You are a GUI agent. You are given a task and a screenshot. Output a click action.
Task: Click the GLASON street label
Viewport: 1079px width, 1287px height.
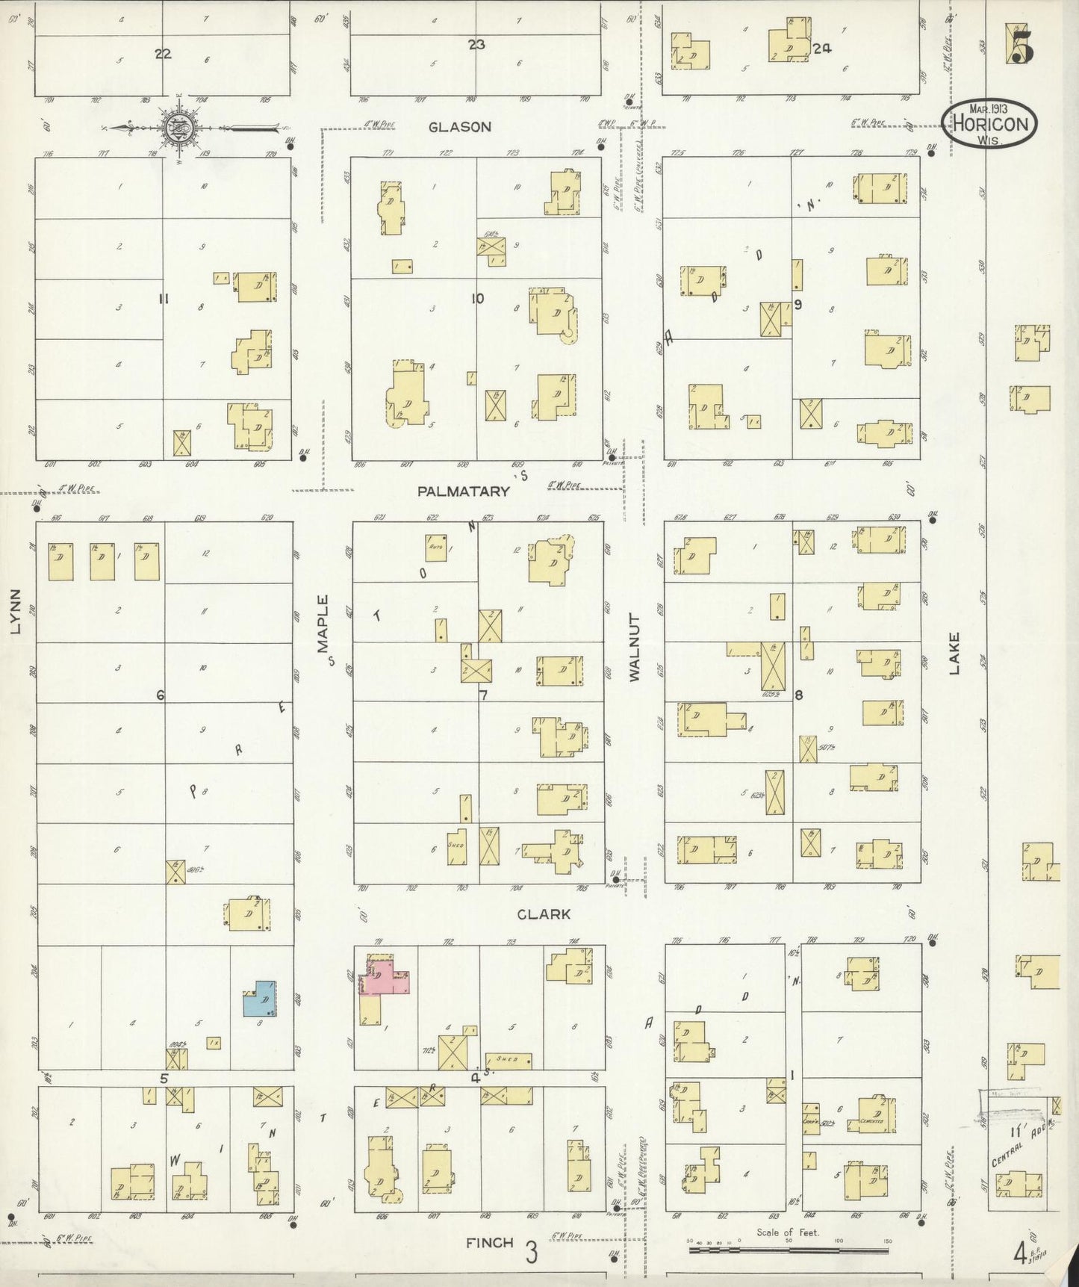[x=459, y=127]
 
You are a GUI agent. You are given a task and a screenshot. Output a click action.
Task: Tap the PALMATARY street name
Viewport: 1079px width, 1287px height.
[x=463, y=491]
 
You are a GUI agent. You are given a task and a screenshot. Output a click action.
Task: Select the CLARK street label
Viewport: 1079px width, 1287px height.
[x=544, y=914]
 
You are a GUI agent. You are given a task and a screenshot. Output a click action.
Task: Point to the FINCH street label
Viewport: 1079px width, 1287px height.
[x=490, y=1243]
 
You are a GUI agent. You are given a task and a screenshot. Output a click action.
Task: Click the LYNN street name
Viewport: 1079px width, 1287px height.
[x=16, y=611]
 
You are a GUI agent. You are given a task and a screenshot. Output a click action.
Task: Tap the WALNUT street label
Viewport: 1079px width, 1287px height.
[x=635, y=647]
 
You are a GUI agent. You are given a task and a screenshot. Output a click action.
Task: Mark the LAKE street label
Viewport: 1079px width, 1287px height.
[x=954, y=654]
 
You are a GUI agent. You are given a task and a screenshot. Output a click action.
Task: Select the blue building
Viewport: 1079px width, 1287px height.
[x=260, y=999]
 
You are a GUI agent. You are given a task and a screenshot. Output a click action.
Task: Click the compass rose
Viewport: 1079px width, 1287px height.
[x=179, y=127]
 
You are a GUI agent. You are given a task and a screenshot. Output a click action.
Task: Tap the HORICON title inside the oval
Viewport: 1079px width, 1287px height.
[x=989, y=125]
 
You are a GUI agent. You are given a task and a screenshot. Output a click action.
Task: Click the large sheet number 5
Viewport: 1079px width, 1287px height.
[x=1021, y=46]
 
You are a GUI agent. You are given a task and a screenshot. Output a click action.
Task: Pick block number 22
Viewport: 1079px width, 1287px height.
[x=163, y=53]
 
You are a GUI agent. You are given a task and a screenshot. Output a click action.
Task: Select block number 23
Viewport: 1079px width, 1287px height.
[x=476, y=45]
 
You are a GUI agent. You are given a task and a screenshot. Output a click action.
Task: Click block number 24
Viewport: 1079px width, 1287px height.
[x=822, y=49]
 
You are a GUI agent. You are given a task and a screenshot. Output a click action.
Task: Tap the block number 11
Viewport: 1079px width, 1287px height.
[x=164, y=300]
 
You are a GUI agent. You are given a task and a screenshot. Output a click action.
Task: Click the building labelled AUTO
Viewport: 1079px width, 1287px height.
[x=436, y=547]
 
